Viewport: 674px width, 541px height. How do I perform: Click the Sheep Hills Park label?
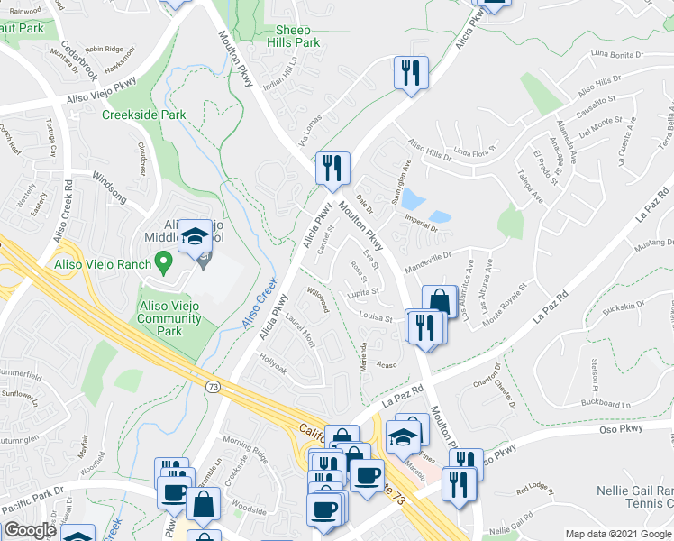tap(297, 36)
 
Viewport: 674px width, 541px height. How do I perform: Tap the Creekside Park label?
tap(143, 115)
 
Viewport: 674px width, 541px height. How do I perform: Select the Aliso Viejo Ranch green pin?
tap(162, 262)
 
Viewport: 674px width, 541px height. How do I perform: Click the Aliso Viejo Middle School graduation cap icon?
tap(195, 237)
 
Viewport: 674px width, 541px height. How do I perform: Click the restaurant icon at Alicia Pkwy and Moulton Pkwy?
tap(332, 168)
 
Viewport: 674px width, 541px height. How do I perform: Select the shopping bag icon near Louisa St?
tap(439, 302)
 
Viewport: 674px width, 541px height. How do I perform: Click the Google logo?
tap(30, 530)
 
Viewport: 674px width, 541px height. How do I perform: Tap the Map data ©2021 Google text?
tap(618, 534)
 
